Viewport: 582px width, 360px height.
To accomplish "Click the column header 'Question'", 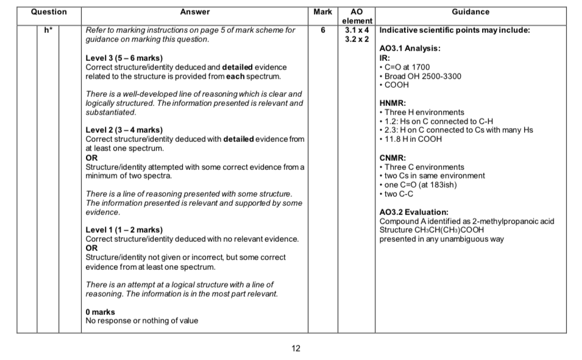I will point(48,12).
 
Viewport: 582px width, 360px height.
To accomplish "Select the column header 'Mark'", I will point(322,12).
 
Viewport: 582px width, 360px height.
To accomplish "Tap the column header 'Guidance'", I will point(470,12).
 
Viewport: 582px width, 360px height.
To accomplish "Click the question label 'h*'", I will point(48,30).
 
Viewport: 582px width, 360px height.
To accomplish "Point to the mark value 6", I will point(323,30).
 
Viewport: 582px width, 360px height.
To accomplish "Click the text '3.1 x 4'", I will point(357,30).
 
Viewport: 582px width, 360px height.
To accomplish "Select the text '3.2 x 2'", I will point(357,38).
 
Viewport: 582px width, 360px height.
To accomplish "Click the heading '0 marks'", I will point(100,312).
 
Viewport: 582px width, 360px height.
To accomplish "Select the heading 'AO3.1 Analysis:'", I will point(410,49).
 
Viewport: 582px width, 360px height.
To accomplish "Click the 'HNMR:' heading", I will point(392,104).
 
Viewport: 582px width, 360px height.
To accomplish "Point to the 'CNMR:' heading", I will point(392,158).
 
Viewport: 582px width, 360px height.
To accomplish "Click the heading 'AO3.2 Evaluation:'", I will point(414,213).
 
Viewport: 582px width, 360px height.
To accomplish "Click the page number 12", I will point(296,348).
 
